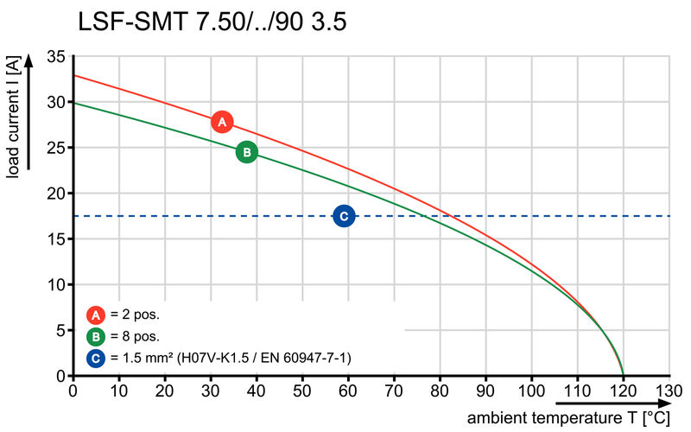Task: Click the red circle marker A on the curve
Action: (222, 122)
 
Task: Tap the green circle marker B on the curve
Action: (246, 152)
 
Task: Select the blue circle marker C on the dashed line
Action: (343, 216)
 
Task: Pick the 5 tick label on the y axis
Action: (60, 330)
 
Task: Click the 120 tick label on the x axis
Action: (623, 391)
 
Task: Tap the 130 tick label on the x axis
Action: (668, 391)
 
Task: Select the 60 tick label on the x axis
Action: (348, 391)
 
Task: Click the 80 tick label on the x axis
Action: (440, 391)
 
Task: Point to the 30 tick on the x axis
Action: (211, 391)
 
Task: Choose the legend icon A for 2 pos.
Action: (96, 314)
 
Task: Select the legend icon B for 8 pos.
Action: (96, 335)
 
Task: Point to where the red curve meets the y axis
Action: (73, 76)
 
